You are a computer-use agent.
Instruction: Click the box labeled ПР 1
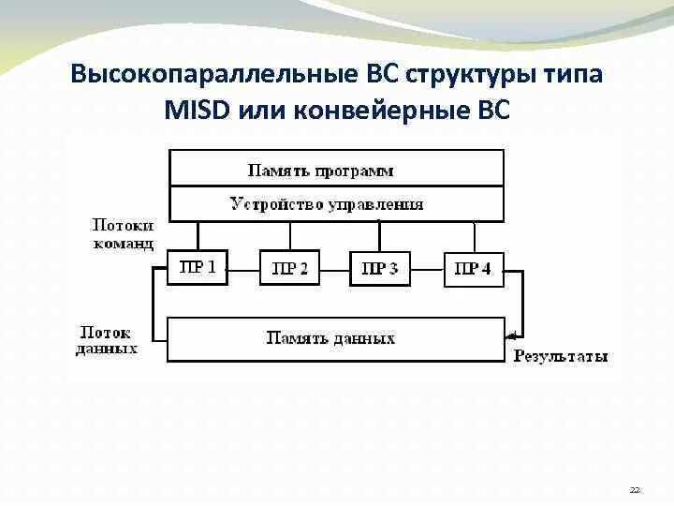(x=198, y=268)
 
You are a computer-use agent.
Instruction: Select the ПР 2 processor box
(x=289, y=269)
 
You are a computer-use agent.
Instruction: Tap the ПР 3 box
(x=379, y=269)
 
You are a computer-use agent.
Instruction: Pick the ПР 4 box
(x=473, y=269)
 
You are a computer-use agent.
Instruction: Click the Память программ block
(x=336, y=170)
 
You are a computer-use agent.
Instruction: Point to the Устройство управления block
(x=336, y=203)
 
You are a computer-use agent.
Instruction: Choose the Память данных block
(x=336, y=337)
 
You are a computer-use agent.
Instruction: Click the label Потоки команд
(x=123, y=234)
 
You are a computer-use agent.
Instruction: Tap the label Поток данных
(x=107, y=340)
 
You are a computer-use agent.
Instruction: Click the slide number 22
(x=635, y=490)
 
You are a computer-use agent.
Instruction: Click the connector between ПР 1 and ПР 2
(x=242, y=269)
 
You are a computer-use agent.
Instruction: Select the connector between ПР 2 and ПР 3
(x=334, y=269)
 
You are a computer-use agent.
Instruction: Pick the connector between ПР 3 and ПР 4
(x=426, y=269)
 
